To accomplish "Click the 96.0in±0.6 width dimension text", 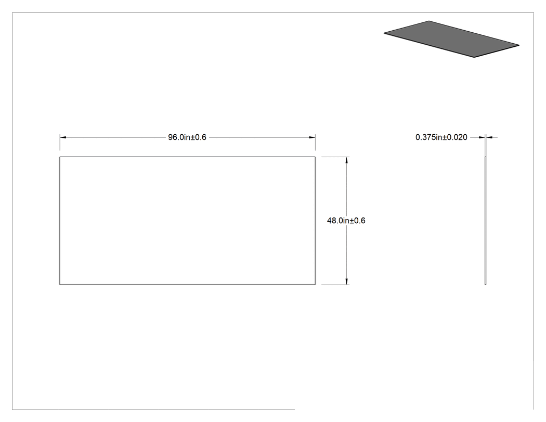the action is [187, 137].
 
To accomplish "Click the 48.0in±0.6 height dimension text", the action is [346, 221].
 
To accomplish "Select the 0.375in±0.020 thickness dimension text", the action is [441, 137].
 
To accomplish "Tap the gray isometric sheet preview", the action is [451, 39].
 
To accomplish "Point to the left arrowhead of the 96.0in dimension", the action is [63, 137].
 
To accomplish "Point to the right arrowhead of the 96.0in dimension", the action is [313, 137].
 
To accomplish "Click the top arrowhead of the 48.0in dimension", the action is [346, 160].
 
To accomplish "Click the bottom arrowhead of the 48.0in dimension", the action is [346, 282].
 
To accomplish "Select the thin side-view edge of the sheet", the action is [485, 221].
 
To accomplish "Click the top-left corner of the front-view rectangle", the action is [60, 157].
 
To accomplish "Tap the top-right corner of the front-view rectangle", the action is [315, 157].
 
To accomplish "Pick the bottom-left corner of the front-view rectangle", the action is [60, 284].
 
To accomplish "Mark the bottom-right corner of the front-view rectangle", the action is [315, 284].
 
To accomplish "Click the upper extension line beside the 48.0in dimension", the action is [335, 157].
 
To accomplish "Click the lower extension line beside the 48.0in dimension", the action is [335, 285].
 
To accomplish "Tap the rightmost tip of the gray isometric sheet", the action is [519, 45].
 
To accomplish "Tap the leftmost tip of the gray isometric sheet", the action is [384, 33].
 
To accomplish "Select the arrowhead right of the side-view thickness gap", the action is [489, 137].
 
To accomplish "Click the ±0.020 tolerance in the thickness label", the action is [455, 137].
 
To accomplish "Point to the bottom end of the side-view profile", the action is [485, 284].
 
